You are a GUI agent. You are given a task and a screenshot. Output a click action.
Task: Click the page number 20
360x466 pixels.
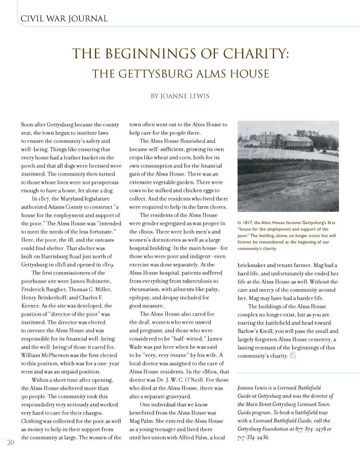pos(11,442)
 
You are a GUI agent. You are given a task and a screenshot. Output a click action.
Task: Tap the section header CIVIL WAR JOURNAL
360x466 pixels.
pos(64,19)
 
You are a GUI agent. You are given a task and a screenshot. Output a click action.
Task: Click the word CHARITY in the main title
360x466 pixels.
pos(257,53)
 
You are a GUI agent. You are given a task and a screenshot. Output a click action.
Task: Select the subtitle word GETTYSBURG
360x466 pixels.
pos(154,74)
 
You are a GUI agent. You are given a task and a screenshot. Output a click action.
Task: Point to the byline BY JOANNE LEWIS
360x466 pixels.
pos(180,96)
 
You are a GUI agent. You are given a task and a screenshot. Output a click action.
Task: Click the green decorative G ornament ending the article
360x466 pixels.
pos(293,356)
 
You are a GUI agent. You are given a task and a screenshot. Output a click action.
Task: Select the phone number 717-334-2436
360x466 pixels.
pos(253,438)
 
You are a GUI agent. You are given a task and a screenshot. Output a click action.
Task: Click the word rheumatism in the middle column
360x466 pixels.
pos(144,290)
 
